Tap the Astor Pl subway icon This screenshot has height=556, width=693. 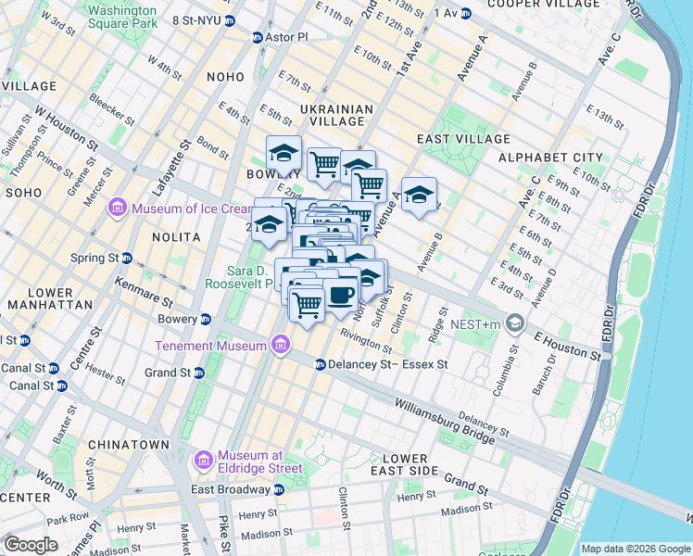(x=258, y=37)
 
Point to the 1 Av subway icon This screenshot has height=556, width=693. (x=466, y=12)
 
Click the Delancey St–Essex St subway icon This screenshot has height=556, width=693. (x=320, y=364)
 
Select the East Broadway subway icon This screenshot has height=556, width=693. (x=278, y=489)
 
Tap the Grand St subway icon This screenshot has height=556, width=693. (x=199, y=373)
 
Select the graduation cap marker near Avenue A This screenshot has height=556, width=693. (x=419, y=195)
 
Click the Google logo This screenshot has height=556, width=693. (x=31, y=544)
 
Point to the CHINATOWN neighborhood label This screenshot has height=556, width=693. (x=129, y=445)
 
